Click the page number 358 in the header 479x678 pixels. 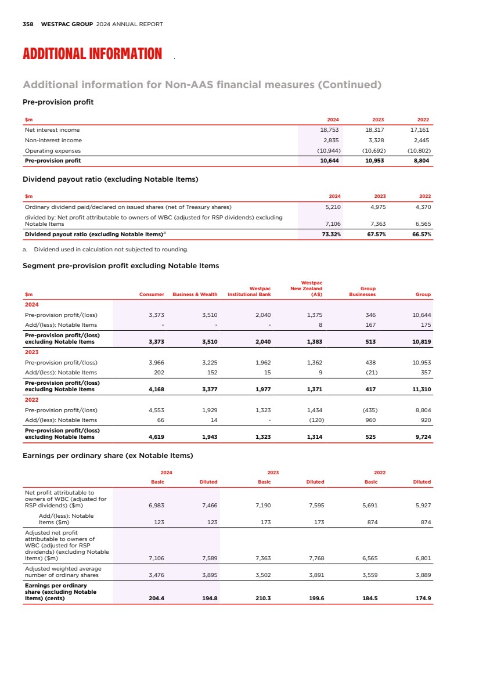pyautogui.click(x=27, y=24)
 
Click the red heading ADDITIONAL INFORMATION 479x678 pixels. pyautogui.click(x=92, y=55)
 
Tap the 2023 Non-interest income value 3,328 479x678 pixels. pyautogui.click(x=374, y=140)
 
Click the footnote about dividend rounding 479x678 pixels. pyautogui.click(x=106, y=250)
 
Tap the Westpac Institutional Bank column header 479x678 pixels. pyautogui.click(x=249, y=291)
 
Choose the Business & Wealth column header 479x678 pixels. pyautogui.click(x=195, y=294)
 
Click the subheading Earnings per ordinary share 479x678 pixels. pyautogui.click(x=107, y=455)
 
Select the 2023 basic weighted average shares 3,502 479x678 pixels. pyautogui.click(x=263, y=575)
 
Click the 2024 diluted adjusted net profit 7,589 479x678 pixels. pyautogui.click(x=209, y=558)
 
